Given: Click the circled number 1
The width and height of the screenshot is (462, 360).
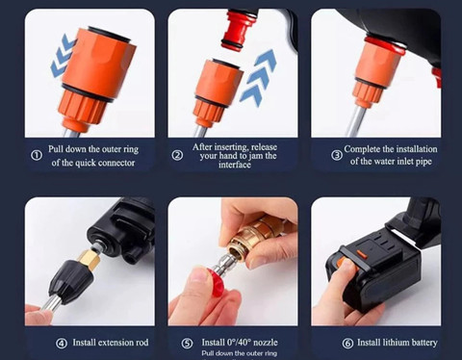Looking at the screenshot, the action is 37,156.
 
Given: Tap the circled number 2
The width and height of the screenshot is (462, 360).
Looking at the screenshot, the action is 177,156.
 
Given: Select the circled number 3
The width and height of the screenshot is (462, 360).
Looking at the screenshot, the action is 337,156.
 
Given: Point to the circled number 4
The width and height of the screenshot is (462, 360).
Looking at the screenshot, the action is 62,344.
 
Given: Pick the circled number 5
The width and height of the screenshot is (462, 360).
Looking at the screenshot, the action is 187,344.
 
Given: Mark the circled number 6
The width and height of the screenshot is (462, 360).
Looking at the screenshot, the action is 347,344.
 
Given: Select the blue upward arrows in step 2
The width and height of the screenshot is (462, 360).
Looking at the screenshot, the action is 257,77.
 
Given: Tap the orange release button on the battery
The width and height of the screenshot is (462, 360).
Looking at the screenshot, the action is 361,254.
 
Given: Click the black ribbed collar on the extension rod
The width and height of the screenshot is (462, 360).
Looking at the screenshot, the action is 69,280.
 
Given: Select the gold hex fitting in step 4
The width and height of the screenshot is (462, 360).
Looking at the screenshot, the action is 90,257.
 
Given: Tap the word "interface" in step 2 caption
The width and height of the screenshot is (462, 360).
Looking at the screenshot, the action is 235,165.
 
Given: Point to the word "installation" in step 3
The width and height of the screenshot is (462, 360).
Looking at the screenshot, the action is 416,149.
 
